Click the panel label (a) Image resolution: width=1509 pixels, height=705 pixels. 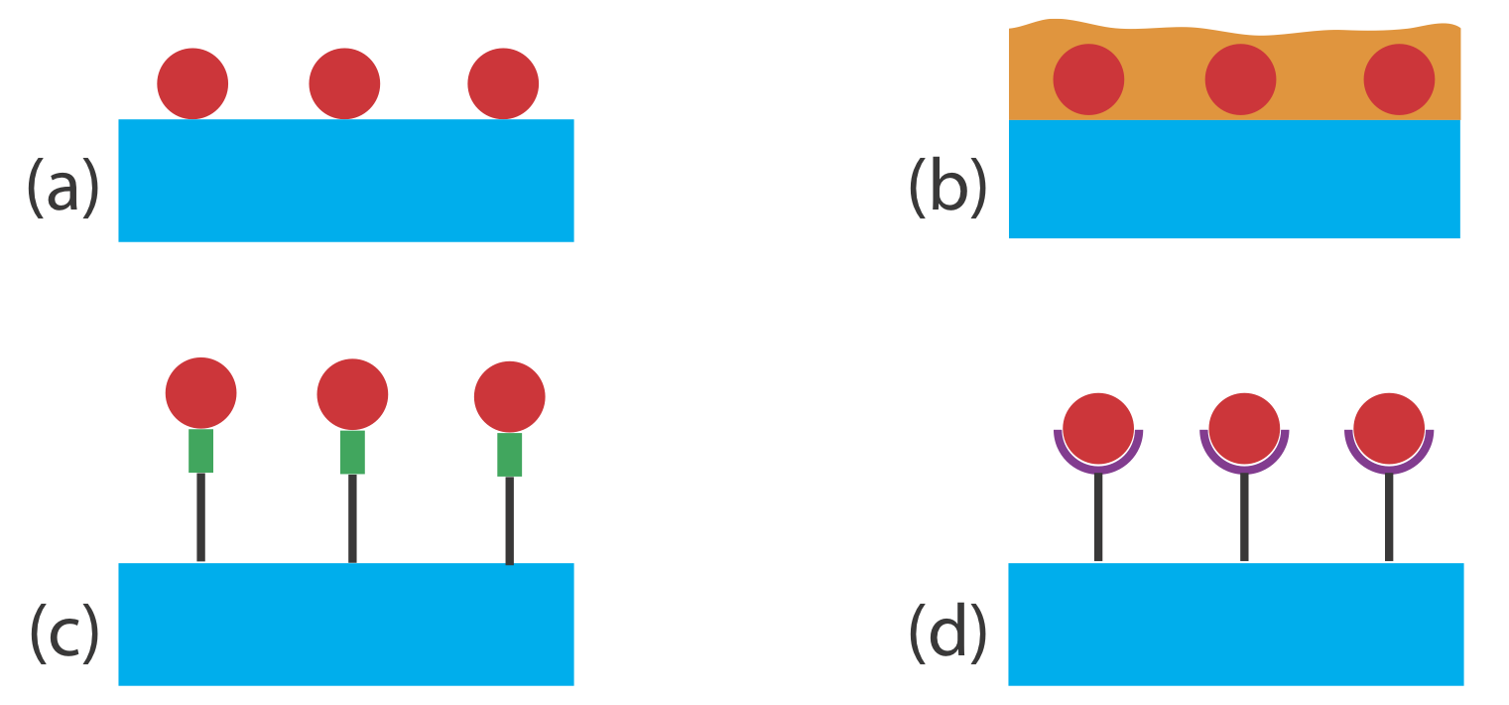click(63, 186)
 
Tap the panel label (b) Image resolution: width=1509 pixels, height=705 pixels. click(946, 186)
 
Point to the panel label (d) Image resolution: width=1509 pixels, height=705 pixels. click(947, 633)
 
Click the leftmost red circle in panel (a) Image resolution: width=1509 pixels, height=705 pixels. click(192, 83)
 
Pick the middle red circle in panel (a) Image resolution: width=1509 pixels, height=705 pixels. click(344, 83)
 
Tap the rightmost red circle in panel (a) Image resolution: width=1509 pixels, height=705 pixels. click(503, 83)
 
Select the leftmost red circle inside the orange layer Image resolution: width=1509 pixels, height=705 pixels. click(1088, 79)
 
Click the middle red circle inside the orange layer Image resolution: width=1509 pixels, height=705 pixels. click(1240, 79)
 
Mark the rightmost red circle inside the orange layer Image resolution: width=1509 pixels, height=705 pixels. click(1399, 79)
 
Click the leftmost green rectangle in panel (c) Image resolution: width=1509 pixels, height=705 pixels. click(200, 451)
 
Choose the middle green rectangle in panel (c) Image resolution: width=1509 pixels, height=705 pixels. click(352, 452)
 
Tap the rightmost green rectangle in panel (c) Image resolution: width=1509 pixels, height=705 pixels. click(509, 455)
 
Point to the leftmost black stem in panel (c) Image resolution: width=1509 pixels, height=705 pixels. click(200, 516)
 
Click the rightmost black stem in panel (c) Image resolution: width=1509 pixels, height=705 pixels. click(509, 520)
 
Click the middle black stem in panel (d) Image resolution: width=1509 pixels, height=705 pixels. click(1244, 517)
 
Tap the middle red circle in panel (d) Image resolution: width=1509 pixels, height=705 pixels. click(1244, 428)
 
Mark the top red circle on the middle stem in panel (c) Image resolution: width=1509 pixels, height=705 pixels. click(352, 394)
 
